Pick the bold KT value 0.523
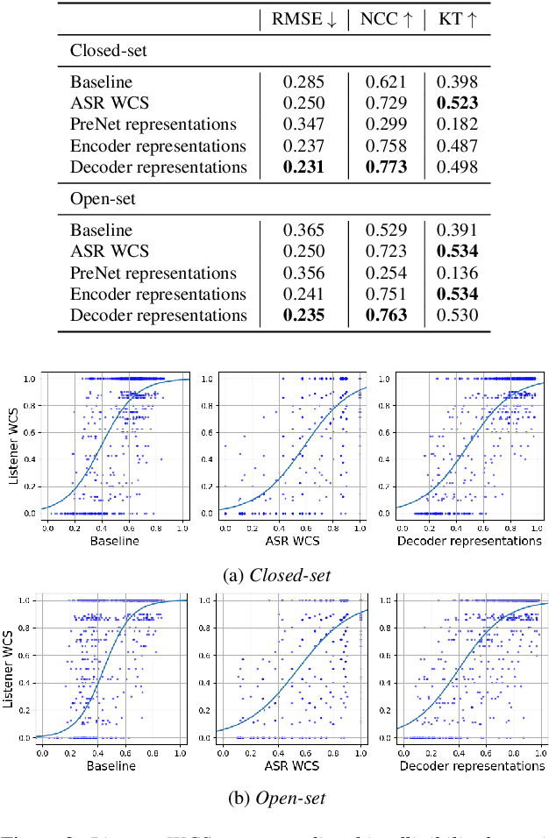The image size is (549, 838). (457, 103)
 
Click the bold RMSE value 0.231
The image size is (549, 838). (303, 167)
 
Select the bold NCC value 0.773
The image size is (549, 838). (386, 167)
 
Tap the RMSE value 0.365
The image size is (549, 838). (303, 231)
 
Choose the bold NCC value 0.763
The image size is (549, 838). (386, 315)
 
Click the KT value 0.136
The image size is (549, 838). (457, 273)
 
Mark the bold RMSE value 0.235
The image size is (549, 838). (303, 315)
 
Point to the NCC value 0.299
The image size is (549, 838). (386, 124)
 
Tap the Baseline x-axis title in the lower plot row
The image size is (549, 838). (111, 766)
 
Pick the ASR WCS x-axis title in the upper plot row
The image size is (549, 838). (291, 541)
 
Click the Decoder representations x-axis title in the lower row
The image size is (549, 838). (472, 766)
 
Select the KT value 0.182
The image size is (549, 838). (457, 124)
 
